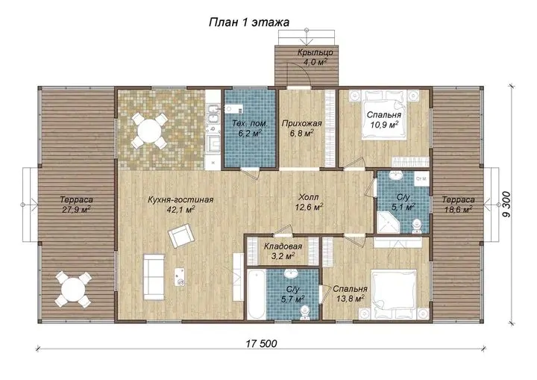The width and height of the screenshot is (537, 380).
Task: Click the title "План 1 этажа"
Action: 249,22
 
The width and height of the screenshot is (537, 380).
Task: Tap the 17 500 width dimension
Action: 261,343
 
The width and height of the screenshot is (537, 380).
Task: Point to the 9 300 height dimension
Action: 506,204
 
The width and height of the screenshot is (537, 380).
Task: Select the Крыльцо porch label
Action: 315,53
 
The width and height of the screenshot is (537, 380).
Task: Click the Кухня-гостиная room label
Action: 180,200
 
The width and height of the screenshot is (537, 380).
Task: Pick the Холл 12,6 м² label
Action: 309,202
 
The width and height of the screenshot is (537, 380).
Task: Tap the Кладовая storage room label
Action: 283,246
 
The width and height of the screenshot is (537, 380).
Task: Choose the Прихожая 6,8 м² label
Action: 302,128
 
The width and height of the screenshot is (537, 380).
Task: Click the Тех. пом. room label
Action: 250,123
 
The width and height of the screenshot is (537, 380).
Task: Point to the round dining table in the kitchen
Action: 150,131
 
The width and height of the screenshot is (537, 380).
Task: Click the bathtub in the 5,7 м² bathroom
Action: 256,293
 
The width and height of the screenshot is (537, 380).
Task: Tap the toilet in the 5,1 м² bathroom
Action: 417,226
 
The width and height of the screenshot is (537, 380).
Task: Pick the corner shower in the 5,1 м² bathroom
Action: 388,222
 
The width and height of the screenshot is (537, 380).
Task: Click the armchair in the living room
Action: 181,236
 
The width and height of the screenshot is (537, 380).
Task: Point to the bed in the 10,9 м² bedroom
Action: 385,114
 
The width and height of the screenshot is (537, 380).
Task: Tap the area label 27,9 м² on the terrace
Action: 76,210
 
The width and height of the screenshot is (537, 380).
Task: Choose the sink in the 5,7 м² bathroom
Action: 292,275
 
